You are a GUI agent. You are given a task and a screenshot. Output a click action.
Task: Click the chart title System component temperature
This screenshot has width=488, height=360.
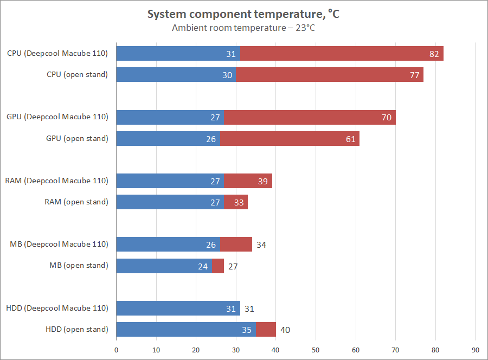[x=243, y=15]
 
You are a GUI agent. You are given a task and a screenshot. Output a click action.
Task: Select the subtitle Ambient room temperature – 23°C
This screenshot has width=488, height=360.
[x=243, y=28]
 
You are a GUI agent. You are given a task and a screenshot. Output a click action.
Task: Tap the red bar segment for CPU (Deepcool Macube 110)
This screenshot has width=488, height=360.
[x=342, y=54]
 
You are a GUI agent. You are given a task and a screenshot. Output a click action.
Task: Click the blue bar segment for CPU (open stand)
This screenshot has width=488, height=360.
[x=176, y=75]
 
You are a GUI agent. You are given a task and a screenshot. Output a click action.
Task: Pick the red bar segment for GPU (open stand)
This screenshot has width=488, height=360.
[x=290, y=139]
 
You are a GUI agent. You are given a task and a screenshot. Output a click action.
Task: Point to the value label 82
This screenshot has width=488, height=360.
[x=434, y=54]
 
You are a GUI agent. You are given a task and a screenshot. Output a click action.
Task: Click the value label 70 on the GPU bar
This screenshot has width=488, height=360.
[x=386, y=118]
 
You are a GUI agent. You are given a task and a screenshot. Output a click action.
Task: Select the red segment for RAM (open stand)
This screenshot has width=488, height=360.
[x=236, y=202]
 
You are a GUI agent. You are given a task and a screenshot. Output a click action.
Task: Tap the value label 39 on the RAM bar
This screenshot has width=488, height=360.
[x=263, y=181]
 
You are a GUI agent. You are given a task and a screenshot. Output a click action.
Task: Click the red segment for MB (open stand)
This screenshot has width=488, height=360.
[x=218, y=266]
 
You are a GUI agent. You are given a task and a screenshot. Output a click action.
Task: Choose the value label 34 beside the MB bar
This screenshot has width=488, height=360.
[x=261, y=245]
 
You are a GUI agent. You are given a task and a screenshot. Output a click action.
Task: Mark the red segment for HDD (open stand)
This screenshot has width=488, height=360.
[x=266, y=330]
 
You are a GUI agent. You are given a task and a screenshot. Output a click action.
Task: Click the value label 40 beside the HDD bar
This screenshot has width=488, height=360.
[x=285, y=330]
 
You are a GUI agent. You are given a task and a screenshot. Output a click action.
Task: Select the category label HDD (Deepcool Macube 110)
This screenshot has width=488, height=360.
[x=57, y=308]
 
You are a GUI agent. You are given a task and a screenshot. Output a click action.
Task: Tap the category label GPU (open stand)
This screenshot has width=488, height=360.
[x=77, y=138]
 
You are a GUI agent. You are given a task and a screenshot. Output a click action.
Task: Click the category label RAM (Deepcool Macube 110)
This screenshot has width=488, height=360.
[x=57, y=181]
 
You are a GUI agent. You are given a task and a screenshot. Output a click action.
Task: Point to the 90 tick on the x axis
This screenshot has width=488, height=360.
[x=476, y=349]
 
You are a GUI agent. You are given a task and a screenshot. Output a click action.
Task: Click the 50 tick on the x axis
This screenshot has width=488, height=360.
[x=316, y=349]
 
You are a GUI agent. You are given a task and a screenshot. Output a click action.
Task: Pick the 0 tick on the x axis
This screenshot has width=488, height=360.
[x=117, y=349]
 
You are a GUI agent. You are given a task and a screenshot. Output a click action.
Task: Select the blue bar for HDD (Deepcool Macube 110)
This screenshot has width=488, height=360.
[x=178, y=308]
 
